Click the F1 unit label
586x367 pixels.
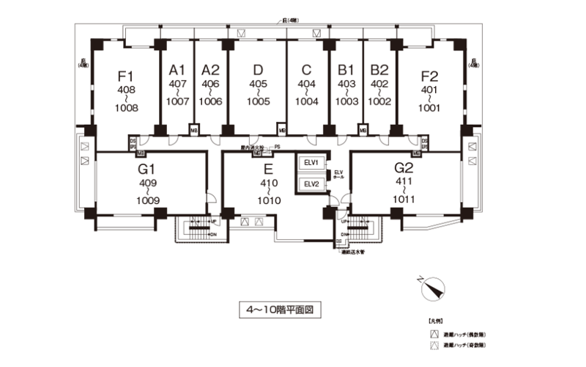(125, 76)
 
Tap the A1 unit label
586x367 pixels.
(177, 70)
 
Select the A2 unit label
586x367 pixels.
(211, 70)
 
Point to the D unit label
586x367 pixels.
(258, 70)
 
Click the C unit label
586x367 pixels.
(306, 70)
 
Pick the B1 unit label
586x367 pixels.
(346, 70)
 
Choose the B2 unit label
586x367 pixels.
(379, 70)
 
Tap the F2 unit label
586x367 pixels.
(429, 76)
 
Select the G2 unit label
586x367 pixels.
(404, 170)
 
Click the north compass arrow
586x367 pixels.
(434, 288)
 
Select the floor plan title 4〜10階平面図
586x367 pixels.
(281, 310)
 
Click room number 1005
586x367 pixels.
(258, 102)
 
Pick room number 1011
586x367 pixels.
(404, 198)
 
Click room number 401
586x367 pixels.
(429, 90)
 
